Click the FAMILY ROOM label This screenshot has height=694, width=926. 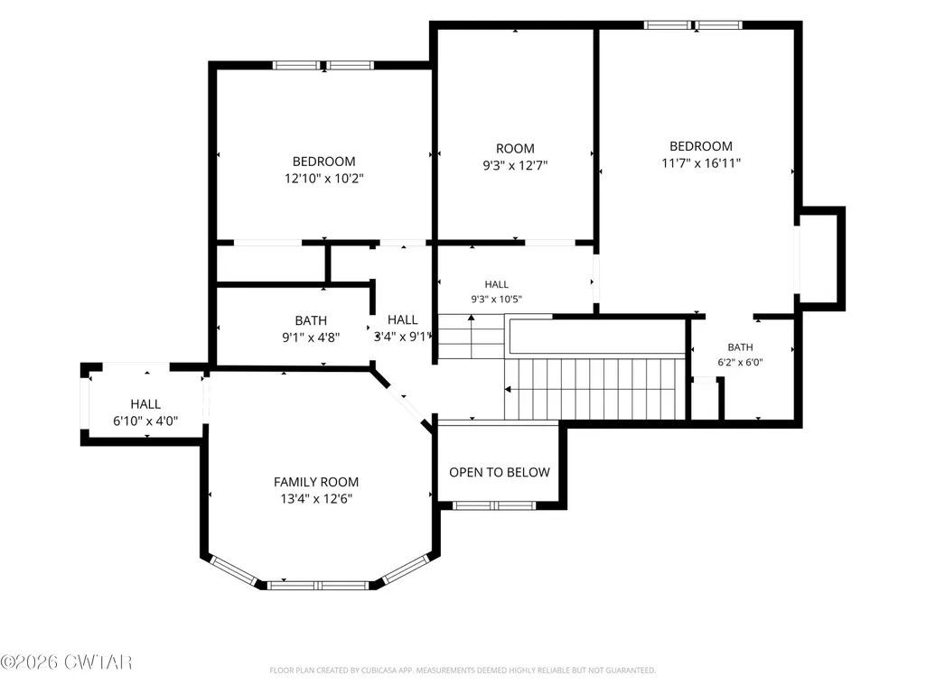tap(316, 482)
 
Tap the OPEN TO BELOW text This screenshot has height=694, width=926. tap(500, 472)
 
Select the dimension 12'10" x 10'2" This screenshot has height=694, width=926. tap(324, 178)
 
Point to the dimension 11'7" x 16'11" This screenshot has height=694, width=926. tap(701, 162)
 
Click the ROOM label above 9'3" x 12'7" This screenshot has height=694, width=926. tap(515, 149)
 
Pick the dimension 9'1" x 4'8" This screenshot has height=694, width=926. tap(311, 338)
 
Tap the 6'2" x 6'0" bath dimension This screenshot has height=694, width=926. tap(740, 363)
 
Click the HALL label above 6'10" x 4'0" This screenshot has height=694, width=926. tap(145, 404)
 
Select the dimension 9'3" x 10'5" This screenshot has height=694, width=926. tap(496, 300)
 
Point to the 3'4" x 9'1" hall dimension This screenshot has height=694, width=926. tap(404, 337)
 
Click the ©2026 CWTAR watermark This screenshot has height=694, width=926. tap(66, 662)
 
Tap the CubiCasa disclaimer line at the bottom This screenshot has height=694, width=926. tap(463, 671)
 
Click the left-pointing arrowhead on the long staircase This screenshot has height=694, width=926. tap(508, 390)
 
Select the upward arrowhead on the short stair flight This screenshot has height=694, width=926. tap(472, 318)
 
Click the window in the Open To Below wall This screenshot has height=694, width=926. tap(493, 505)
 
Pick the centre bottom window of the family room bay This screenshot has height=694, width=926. tap(318, 586)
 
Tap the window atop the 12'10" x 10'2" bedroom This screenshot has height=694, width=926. tap(323, 66)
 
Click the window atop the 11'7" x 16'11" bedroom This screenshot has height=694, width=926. tap(693, 24)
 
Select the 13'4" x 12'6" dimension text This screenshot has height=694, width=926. tap(316, 499)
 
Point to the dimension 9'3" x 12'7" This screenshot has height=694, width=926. tap(515, 165)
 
